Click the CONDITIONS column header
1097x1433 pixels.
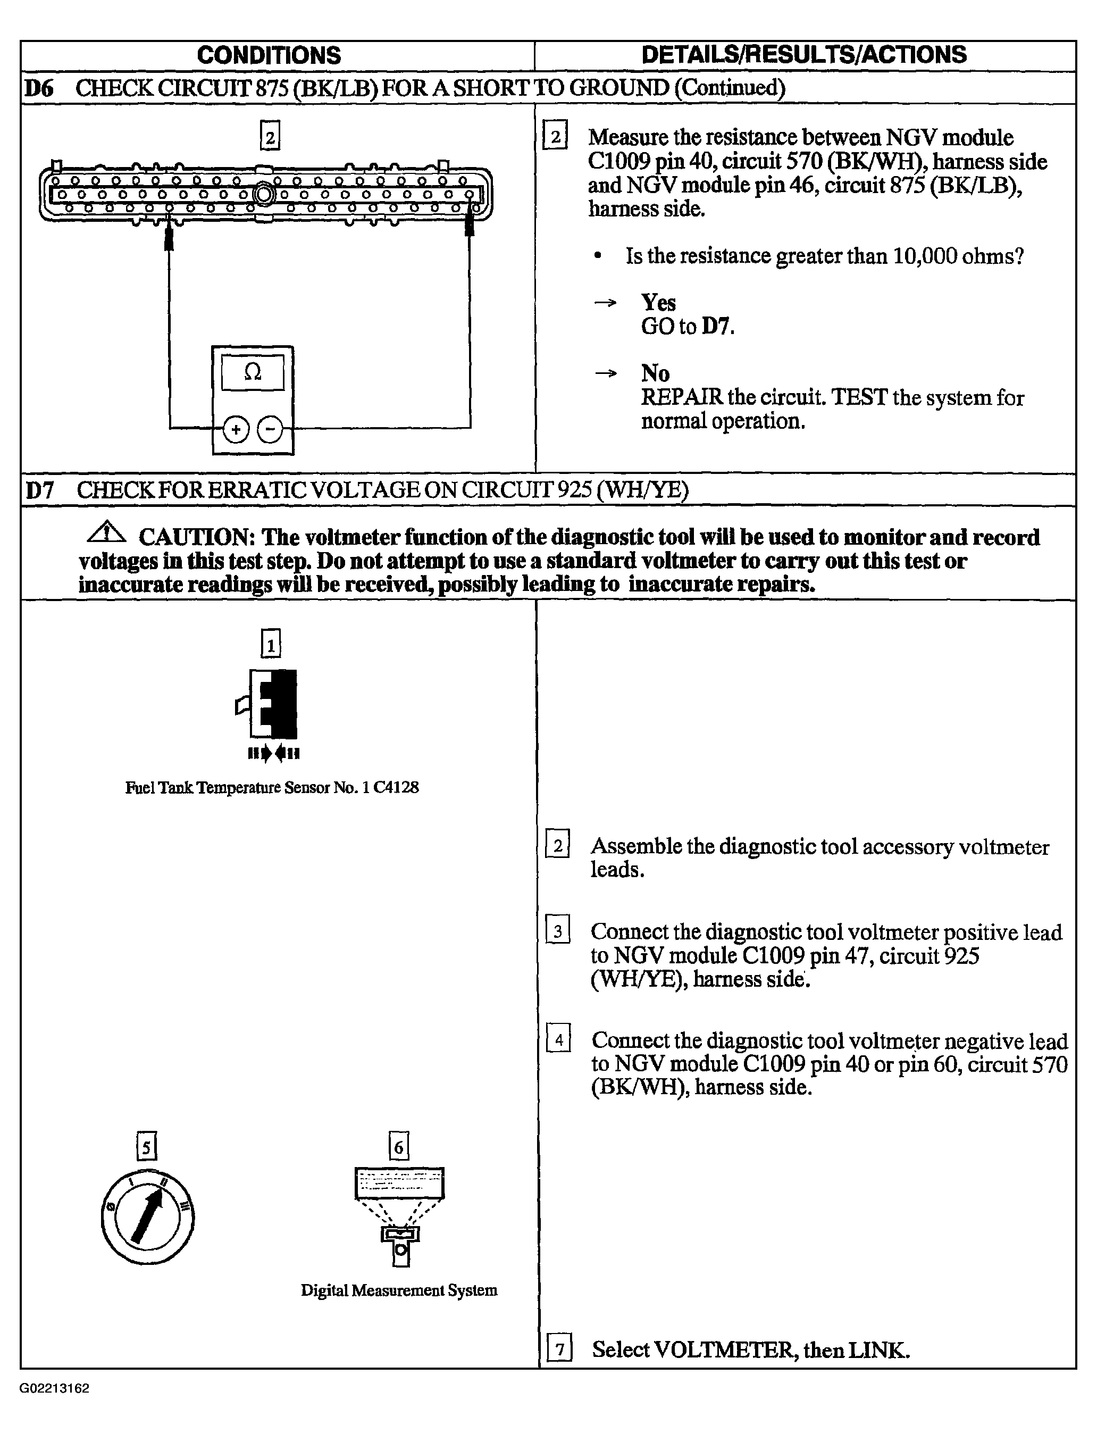point(269,55)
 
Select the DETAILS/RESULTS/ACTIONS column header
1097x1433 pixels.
point(805,55)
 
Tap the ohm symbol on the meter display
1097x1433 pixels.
point(253,372)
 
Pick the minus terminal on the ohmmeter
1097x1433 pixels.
point(270,429)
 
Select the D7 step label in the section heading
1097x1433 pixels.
point(39,490)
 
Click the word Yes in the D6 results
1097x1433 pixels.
point(658,303)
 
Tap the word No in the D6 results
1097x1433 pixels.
point(655,373)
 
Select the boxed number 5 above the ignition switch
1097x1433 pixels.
point(147,1147)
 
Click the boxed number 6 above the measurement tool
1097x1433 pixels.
point(399,1147)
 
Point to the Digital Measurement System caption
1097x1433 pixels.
point(399,1290)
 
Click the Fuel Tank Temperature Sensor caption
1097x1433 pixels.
point(272,788)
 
